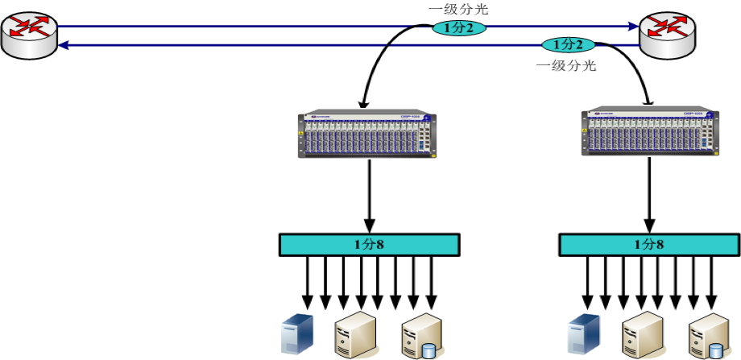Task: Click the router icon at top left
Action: tap(29, 34)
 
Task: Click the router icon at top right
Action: tap(668, 34)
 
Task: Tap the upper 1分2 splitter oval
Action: tap(459, 28)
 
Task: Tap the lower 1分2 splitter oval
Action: tap(568, 44)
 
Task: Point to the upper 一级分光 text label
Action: tap(458, 10)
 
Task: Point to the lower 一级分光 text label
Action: tap(566, 66)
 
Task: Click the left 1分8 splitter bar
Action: tap(370, 244)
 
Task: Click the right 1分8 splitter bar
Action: tap(649, 244)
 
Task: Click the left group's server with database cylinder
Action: tap(421, 336)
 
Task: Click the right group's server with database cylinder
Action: tap(709, 336)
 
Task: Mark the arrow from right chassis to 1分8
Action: tap(649, 193)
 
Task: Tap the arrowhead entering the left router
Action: tap(64, 45)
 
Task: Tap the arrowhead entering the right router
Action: tap(633, 26)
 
